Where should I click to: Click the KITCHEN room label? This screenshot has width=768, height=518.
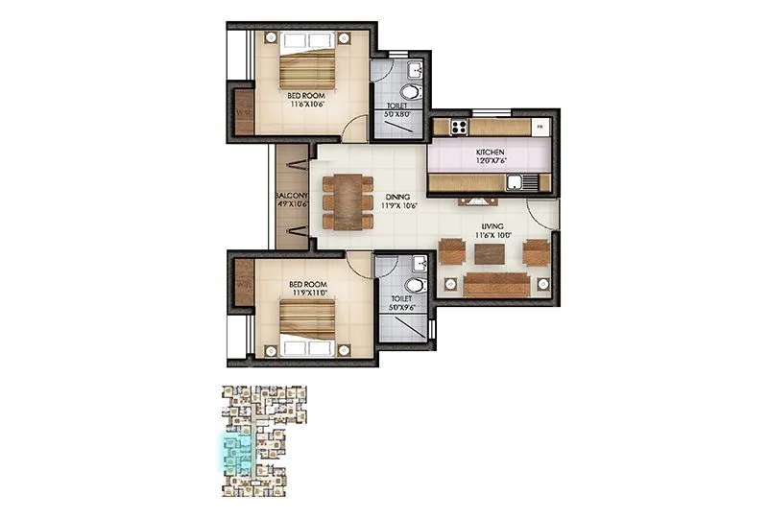[490, 153]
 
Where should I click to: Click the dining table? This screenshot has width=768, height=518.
[348, 201]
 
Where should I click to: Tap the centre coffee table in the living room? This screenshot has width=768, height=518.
[490, 251]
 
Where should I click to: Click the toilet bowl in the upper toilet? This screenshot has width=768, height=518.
[411, 93]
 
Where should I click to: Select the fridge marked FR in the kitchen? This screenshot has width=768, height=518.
[540, 127]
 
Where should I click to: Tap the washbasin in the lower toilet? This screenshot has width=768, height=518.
[418, 264]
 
